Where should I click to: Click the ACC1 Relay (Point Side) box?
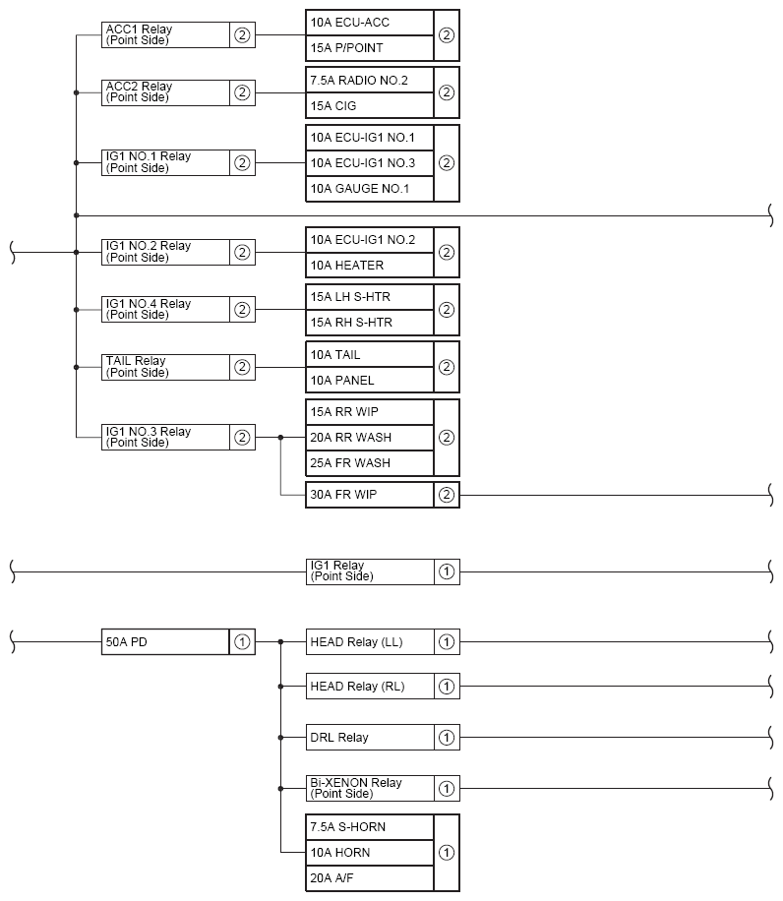[165, 35]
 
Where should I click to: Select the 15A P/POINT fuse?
[370, 48]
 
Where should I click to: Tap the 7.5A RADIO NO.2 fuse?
[370, 80]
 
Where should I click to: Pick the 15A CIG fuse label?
[370, 105]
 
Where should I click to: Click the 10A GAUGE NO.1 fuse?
[370, 189]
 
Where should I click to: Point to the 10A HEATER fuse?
[370, 265]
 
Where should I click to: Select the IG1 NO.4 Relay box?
[165, 310]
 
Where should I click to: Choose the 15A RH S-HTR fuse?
[370, 322]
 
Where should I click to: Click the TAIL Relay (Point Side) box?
[165, 367]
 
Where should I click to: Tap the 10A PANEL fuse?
[370, 380]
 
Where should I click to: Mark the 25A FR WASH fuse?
[370, 462]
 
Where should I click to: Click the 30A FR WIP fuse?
[370, 495]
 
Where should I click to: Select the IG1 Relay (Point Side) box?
[370, 571]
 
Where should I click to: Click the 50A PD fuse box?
[165, 642]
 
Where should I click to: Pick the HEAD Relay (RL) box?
[370, 686]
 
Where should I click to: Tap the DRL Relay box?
[370, 737]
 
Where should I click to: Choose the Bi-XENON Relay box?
[370, 788]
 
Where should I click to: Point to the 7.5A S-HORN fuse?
[370, 827]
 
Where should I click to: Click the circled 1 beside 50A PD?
[242, 642]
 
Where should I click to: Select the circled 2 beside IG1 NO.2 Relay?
[242, 252]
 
